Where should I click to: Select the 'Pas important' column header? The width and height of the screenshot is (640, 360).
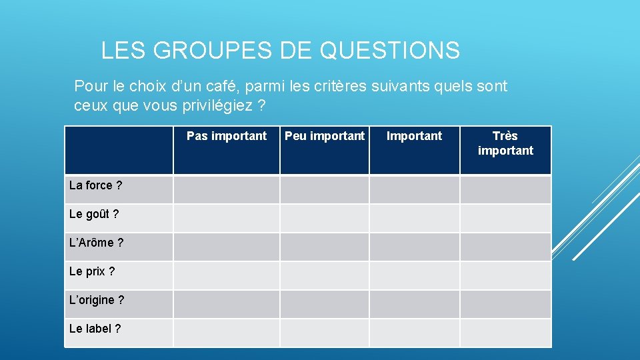[227, 136]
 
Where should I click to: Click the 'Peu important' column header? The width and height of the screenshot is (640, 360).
[325, 136]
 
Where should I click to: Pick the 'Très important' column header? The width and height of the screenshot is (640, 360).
[505, 143]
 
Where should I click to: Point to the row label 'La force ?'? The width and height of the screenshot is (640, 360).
[95, 185]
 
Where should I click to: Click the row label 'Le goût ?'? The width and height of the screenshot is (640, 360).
[94, 214]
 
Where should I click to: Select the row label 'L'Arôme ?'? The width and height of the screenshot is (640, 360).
[96, 243]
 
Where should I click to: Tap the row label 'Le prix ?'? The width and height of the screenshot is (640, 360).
[92, 271]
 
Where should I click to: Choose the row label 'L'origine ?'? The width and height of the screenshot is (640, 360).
[97, 300]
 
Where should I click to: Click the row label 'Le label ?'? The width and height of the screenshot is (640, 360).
[95, 329]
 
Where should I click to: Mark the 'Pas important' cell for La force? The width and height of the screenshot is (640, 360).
[227, 189]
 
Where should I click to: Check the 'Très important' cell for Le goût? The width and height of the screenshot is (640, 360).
[505, 218]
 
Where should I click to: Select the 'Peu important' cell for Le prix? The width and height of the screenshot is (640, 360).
[325, 275]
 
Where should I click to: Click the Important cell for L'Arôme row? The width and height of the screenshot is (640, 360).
[415, 247]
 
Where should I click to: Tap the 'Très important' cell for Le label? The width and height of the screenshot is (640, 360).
[505, 333]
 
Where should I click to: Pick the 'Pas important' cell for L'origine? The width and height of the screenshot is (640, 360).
[227, 304]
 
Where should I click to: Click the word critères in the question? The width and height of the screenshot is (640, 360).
[352, 87]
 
